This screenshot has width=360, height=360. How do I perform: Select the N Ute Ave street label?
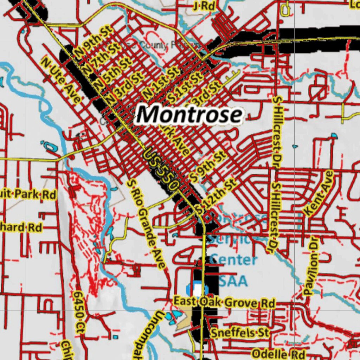(x=60, y=80)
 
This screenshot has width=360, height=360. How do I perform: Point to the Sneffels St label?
(x=240, y=332)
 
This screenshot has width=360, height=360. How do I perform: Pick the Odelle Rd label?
(x=279, y=353)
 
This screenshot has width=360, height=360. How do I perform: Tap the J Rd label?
(x=204, y=6)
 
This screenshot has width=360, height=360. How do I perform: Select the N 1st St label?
(x=161, y=83)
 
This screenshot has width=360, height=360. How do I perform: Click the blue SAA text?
(x=233, y=281)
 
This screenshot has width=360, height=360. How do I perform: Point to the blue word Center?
(x=233, y=260)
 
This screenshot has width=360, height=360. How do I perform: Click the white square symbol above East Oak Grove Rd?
(x=198, y=290)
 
